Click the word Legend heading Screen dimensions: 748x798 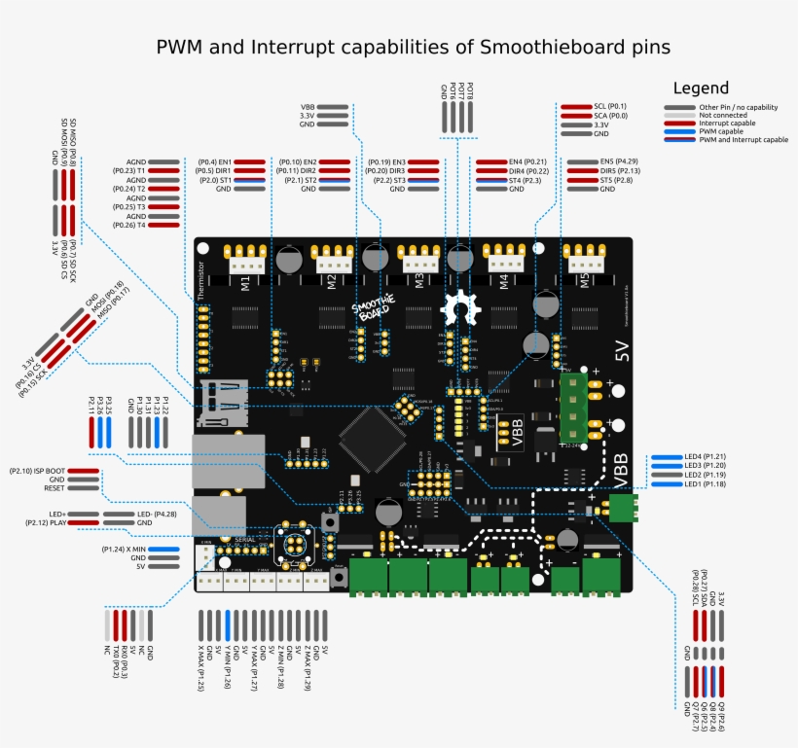pyautogui.click(x=701, y=88)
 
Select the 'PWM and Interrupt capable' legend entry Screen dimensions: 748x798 pyautogui.click(x=743, y=139)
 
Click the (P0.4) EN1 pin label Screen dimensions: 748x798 pyautogui.click(x=214, y=161)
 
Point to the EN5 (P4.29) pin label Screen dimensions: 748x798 pyautogui.click(x=619, y=161)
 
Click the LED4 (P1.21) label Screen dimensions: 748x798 pyautogui.click(x=707, y=456)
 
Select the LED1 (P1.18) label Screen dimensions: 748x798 pyautogui.click(x=707, y=484)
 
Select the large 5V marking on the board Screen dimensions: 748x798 pyautogui.click(x=621, y=351)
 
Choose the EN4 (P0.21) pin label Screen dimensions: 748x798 pyautogui.click(x=528, y=161)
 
